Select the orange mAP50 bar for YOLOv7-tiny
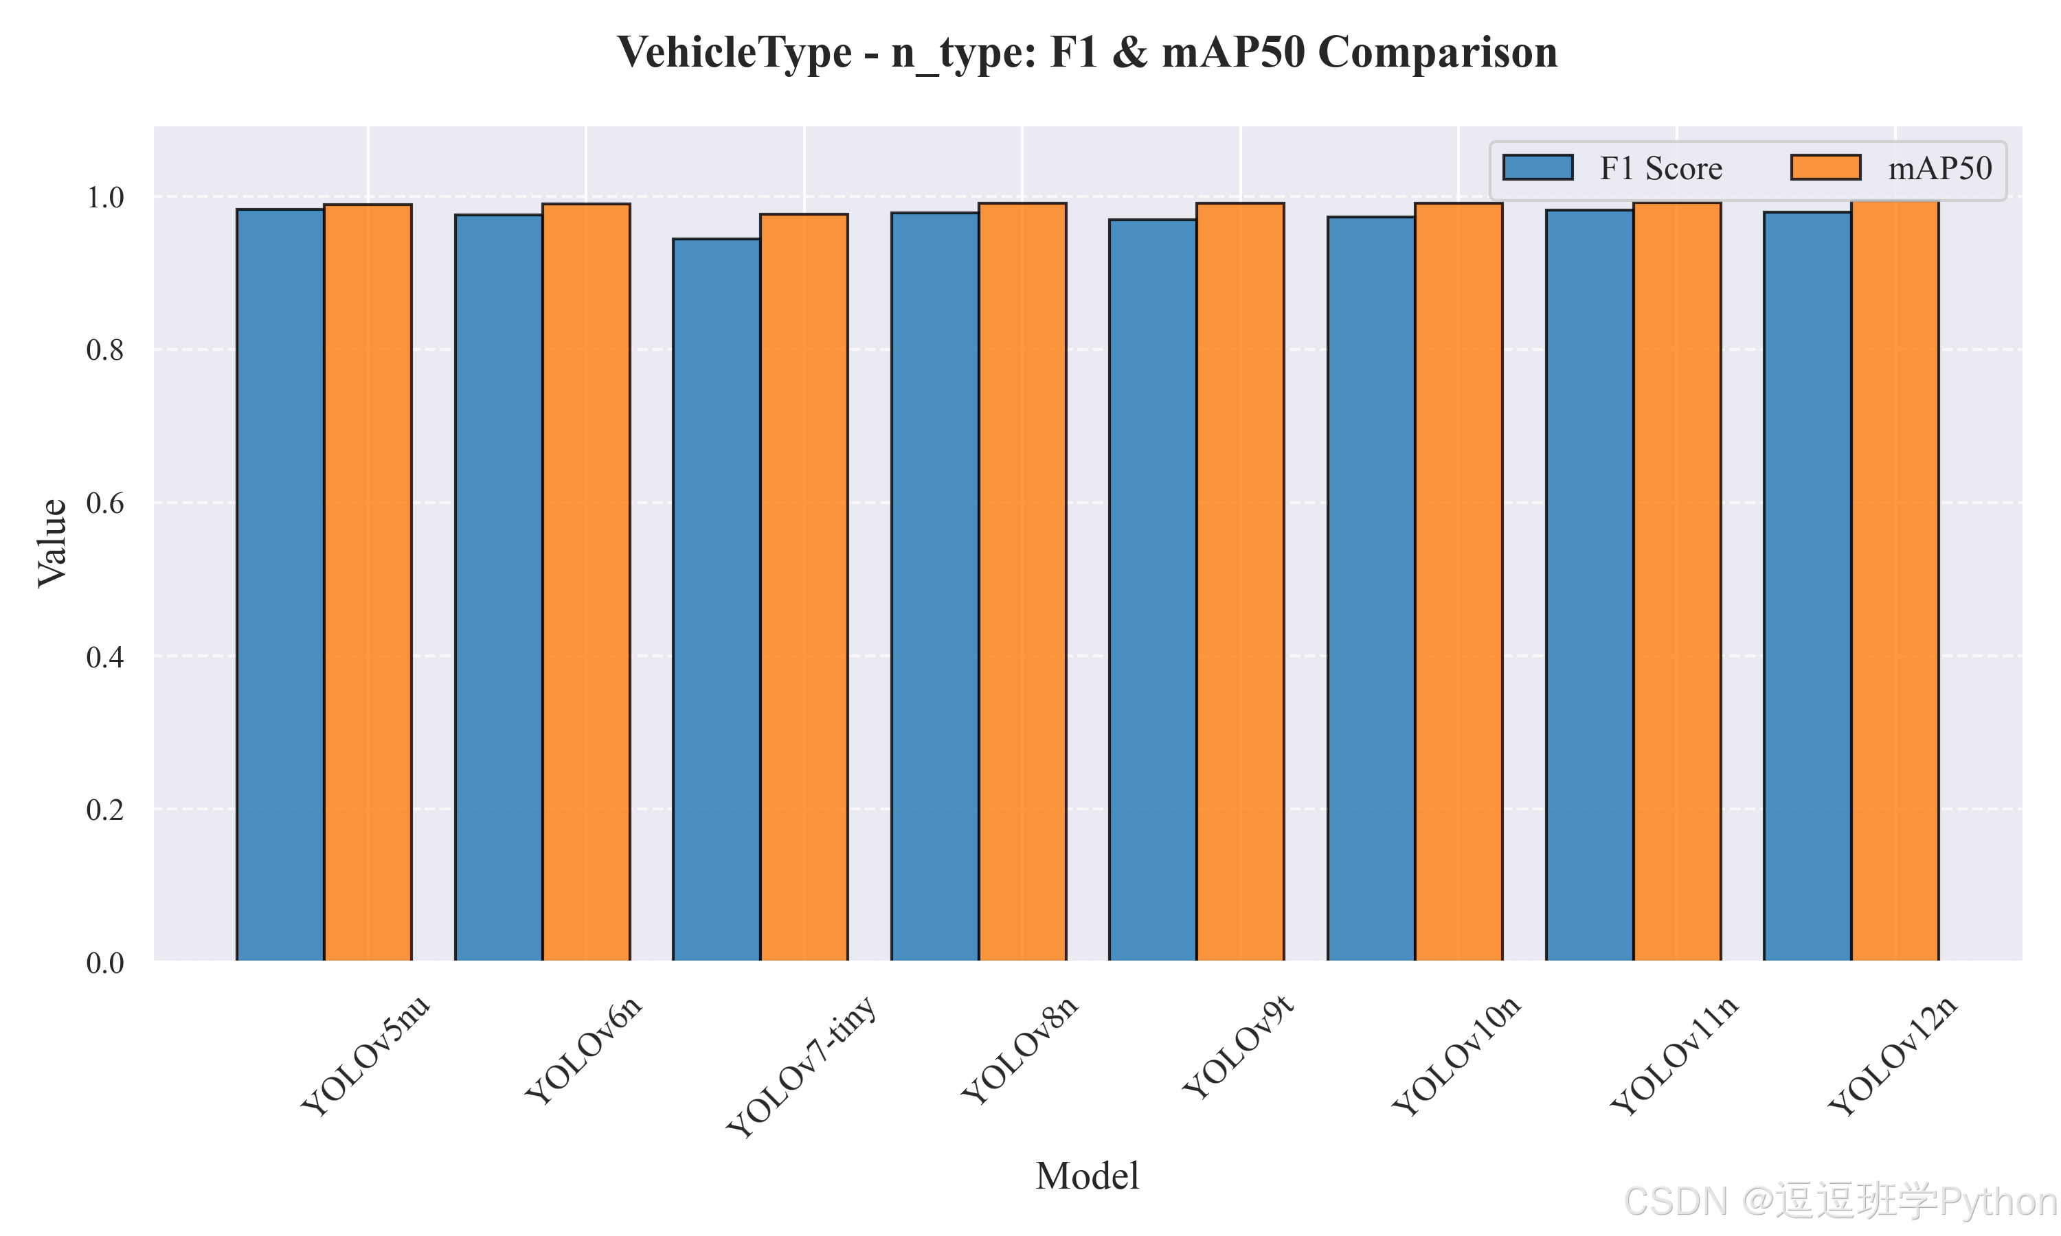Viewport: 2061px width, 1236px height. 804,587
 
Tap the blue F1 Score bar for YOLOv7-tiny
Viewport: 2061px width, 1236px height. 717,599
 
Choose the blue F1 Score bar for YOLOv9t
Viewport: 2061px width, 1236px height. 1153,591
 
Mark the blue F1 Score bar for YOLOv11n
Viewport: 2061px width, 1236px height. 1590,586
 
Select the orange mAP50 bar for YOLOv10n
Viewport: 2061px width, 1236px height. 1459,582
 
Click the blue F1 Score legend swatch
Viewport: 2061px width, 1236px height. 1538,168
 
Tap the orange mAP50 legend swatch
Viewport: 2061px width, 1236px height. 1825,168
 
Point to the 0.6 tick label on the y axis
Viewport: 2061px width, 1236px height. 105,503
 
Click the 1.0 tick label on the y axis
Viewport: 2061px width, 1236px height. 105,197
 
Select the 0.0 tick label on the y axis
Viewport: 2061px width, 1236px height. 105,963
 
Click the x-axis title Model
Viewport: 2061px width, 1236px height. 1087,1176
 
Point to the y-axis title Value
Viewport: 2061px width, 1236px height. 52,543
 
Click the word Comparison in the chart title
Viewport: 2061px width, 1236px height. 1438,52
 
